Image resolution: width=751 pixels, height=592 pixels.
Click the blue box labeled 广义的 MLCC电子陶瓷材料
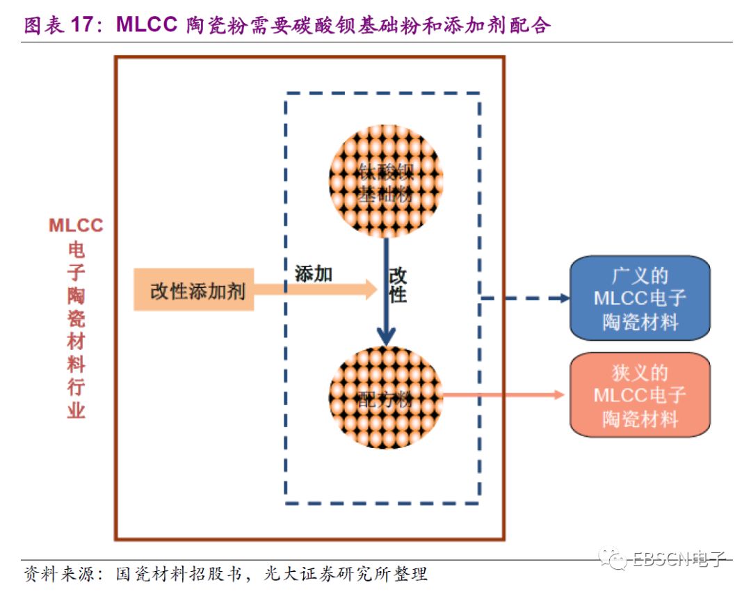[x=639, y=298]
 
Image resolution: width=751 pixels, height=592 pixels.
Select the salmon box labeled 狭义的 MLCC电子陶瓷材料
[x=639, y=395]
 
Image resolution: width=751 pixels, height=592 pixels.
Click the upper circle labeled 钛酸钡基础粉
[x=386, y=182]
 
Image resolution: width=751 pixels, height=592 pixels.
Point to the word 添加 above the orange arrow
[x=314, y=274]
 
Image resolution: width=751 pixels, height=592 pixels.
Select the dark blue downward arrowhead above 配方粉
[x=386, y=337]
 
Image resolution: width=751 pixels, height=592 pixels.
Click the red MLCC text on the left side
[x=76, y=225]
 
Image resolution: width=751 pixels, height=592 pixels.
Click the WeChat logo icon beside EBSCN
[x=617, y=557]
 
